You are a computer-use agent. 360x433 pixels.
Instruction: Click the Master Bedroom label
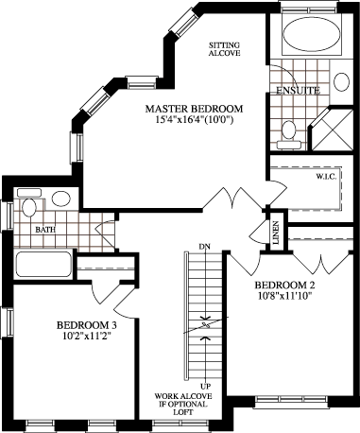click(194, 109)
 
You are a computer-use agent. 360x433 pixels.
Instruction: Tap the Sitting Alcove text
click(225, 49)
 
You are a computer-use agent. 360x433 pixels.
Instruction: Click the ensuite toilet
click(289, 135)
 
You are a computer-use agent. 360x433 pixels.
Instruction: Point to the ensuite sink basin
click(341, 82)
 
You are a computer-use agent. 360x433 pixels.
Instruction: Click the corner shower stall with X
click(334, 130)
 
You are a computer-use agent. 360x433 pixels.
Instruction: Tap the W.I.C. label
click(326, 176)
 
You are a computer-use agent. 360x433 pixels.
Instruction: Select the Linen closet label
click(276, 233)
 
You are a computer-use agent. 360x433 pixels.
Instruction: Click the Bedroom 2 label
click(284, 286)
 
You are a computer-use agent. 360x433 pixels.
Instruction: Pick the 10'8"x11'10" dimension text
click(284, 296)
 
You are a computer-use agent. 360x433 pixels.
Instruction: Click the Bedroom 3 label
click(87, 324)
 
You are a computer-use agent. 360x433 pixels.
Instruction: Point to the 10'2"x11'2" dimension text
click(87, 336)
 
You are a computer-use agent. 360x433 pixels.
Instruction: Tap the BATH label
click(45, 230)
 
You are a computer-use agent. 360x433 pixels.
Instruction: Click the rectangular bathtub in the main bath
click(43, 264)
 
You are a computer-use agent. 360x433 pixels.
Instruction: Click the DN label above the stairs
click(205, 247)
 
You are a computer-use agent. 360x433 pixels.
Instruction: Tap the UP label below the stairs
click(205, 386)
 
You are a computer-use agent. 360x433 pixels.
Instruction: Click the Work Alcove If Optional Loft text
click(183, 404)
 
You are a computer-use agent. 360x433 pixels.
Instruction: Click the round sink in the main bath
click(61, 199)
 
